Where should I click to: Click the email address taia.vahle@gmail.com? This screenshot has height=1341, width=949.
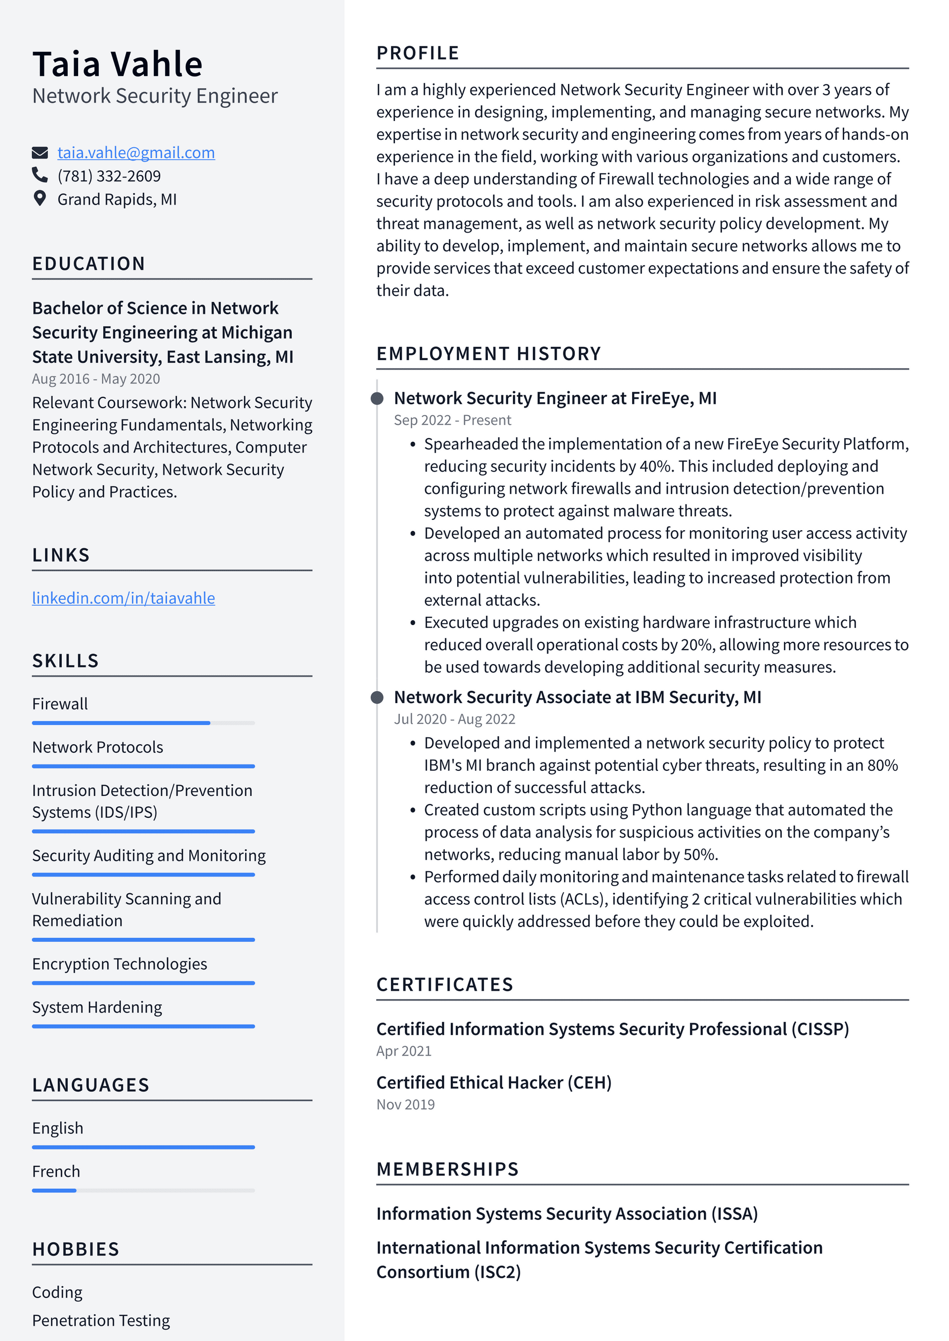point(135,153)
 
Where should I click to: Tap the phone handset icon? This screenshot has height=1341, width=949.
point(39,175)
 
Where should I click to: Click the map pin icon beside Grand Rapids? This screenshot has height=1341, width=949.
point(39,199)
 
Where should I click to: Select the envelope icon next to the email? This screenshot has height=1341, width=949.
point(39,153)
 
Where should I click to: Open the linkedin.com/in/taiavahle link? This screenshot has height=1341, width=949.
point(123,598)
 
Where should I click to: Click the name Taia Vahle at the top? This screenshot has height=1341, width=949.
point(118,64)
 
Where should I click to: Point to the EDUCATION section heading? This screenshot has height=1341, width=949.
point(88,264)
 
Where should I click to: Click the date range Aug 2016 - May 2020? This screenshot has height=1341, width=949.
point(96,379)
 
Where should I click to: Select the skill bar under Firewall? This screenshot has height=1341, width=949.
point(143,723)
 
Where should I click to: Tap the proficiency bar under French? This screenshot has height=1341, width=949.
point(143,1190)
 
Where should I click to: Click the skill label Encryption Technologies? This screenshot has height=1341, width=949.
point(119,964)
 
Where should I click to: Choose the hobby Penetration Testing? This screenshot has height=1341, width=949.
point(100,1321)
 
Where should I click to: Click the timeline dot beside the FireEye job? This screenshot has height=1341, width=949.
point(378,398)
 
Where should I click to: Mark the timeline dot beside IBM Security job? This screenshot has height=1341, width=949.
point(378,697)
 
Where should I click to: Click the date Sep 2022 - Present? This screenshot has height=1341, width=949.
point(452,420)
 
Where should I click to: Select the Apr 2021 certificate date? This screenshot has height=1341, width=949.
point(404,1051)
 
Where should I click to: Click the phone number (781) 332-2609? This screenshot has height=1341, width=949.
point(109,176)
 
